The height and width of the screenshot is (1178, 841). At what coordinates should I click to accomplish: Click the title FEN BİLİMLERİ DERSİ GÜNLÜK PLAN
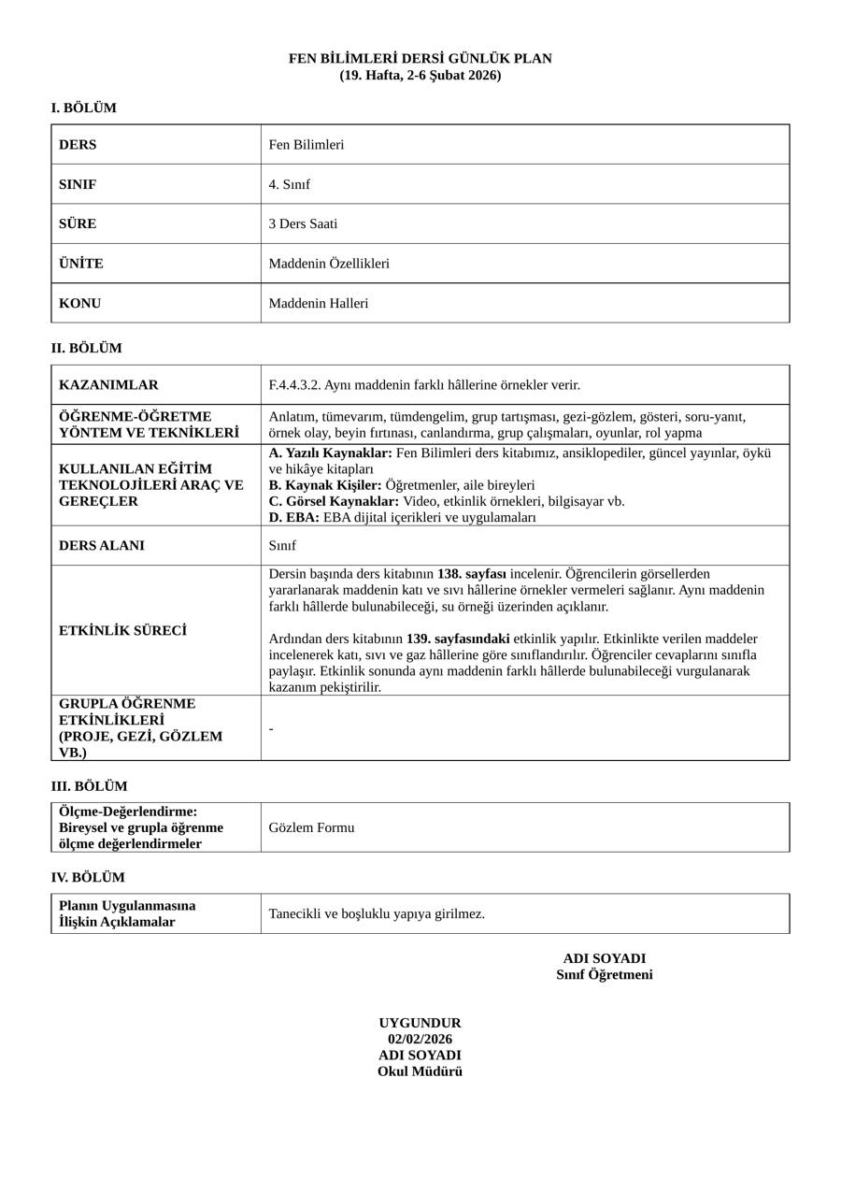tap(420, 59)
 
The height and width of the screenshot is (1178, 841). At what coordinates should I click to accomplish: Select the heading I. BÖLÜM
tap(84, 108)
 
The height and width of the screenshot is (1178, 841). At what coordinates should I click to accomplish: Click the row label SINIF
tap(78, 184)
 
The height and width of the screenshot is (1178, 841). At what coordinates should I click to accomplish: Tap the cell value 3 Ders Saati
tap(303, 224)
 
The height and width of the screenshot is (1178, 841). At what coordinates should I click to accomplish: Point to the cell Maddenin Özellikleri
tap(329, 264)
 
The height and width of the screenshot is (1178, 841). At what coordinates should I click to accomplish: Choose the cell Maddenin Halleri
tap(319, 304)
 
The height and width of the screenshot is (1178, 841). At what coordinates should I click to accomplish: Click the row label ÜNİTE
tap(81, 264)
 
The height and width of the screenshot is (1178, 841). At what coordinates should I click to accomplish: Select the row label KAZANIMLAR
tap(108, 385)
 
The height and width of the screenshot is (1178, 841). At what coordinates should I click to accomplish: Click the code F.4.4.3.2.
tap(294, 385)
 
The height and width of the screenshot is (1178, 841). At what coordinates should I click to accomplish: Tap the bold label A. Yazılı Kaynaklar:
tap(330, 453)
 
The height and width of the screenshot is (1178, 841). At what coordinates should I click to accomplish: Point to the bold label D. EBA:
tap(294, 518)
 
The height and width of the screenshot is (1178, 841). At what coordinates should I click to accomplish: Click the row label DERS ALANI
tap(102, 546)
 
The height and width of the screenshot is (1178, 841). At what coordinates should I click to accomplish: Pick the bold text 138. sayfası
tap(472, 574)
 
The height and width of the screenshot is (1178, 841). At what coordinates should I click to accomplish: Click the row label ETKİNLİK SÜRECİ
tap(122, 631)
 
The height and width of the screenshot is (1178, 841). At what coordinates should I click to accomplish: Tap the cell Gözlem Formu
tap(311, 828)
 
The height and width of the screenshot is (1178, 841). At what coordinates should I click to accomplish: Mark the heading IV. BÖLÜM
tap(88, 878)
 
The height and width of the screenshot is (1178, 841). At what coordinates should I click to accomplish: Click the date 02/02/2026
tap(420, 1040)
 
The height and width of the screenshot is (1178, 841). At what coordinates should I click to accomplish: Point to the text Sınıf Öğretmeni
tap(605, 975)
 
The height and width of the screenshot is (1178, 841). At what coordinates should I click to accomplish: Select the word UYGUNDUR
tap(420, 1024)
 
